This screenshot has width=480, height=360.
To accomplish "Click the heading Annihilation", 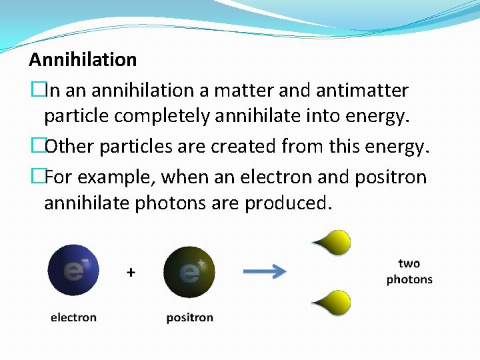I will (x=83, y=60).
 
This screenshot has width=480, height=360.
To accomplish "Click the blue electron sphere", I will (x=73, y=271).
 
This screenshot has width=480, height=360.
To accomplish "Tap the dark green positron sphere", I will (x=189, y=272).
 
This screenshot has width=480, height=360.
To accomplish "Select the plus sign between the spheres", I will (x=131, y=272).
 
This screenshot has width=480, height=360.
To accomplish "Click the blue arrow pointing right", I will (x=264, y=271).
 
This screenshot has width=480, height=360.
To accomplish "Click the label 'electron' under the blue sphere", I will (x=73, y=317).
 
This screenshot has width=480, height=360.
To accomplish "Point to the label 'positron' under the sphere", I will (x=189, y=317).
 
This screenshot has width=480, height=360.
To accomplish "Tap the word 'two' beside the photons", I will (x=409, y=264).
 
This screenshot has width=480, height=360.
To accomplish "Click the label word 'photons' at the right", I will (x=409, y=279).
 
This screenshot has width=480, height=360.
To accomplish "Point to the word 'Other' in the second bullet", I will (x=71, y=147).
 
